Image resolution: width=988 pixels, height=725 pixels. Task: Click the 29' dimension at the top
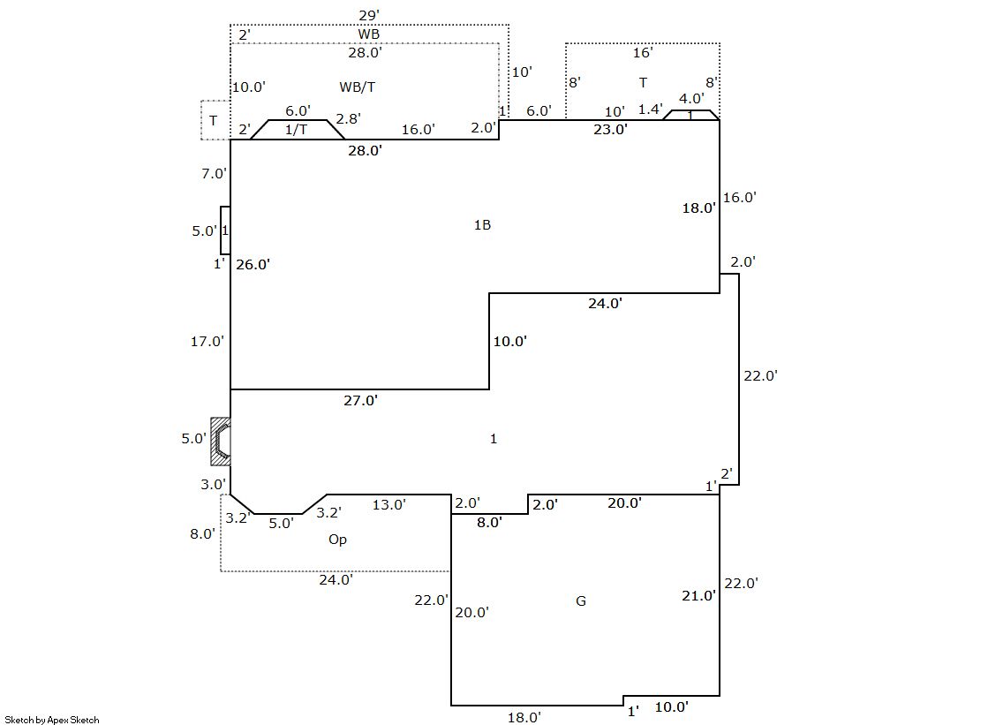pyautogui.click(x=368, y=16)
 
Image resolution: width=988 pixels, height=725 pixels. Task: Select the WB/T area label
pyautogui.click(x=358, y=87)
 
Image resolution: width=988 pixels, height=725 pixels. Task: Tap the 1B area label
pyautogui.click(x=482, y=225)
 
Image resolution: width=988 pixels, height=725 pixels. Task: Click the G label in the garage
pyautogui.click(x=581, y=600)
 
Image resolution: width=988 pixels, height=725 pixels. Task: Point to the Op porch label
pyautogui.click(x=338, y=540)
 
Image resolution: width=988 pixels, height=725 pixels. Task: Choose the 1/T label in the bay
pyautogui.click(x=296, y=129)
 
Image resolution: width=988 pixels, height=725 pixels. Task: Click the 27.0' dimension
pyautogui.click(x=360, y=400)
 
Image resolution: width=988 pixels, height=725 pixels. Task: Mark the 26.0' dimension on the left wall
pyautogui.click(x=253, y=265)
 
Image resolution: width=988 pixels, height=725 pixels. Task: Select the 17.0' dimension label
pyautogui.click(x=207, y=341)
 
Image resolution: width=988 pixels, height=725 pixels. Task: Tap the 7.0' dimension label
pyautogui.click(x=214, y=173)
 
